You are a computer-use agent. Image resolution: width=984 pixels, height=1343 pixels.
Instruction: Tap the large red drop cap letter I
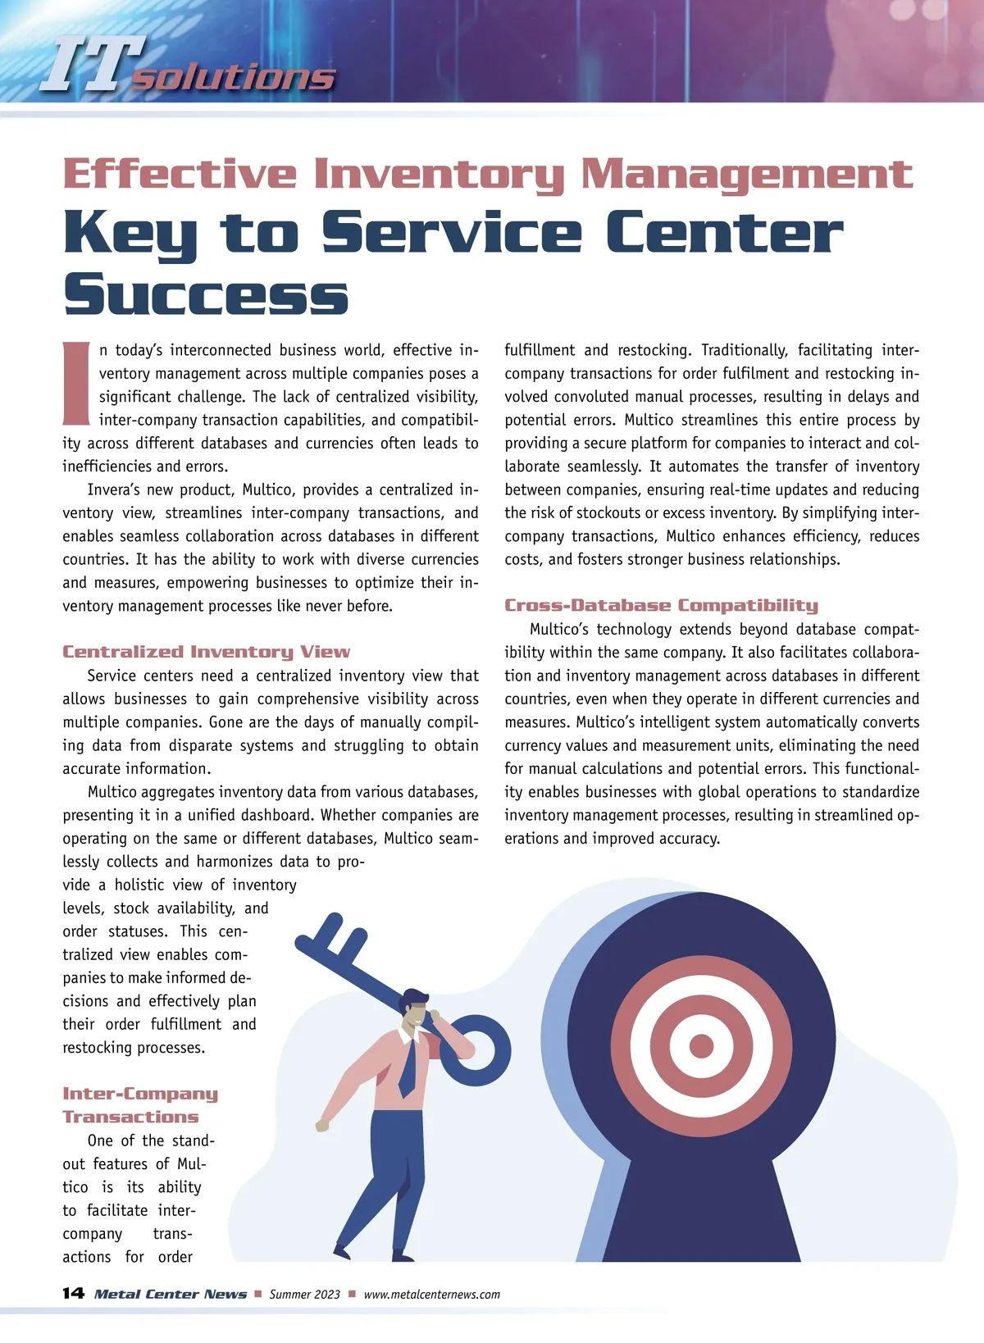click(x=75, y=384)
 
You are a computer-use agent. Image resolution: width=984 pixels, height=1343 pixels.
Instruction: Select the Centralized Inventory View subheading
click(x=206, y=652)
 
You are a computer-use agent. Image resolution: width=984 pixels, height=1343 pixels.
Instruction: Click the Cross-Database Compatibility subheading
click(x=661, y=605)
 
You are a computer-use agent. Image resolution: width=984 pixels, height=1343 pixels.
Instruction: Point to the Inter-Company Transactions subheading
click(x=139, y=1104)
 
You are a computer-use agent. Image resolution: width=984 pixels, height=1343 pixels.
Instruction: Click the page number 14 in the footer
click(x=73, y=1293)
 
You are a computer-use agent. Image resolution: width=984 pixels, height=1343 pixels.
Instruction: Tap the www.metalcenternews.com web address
click(x=431, y=1294)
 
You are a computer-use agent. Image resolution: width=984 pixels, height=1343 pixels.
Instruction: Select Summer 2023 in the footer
click(x=304, y=1294)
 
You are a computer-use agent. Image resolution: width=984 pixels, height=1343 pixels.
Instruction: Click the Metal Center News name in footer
click(x=171, y=1294)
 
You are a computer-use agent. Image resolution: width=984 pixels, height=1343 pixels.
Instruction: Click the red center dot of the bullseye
click(x=701, y=1045)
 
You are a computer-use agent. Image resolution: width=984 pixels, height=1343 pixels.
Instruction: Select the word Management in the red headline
click(x=746, y=174)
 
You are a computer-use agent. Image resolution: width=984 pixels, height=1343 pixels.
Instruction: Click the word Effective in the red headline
click(x=180, y=174)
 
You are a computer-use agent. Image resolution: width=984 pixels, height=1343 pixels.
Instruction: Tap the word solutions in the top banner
click(x=234, y=77)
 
